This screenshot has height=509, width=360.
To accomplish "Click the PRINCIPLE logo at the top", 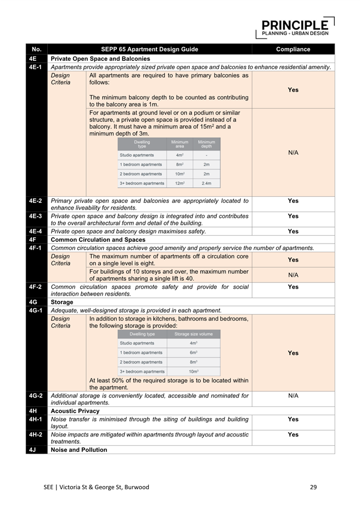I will point(295,27).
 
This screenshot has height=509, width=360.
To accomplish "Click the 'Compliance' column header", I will point(293,49).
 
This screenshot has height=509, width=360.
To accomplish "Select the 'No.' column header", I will point(37,49).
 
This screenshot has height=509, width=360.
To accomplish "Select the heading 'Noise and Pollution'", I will point(78,450).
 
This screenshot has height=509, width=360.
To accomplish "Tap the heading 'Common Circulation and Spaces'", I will point(98,240).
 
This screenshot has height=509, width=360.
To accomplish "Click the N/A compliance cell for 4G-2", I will point(293,395).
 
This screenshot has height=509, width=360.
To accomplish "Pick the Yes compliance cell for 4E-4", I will point(293,231).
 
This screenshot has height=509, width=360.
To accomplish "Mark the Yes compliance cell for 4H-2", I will point(293,434).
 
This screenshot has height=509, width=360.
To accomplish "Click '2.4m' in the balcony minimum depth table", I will point(206,183).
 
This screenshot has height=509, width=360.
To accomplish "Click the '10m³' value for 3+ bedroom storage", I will point(193,371).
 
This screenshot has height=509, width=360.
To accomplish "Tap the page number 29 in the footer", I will point(313,487).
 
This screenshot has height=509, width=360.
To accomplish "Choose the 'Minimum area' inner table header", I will point(179,144).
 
